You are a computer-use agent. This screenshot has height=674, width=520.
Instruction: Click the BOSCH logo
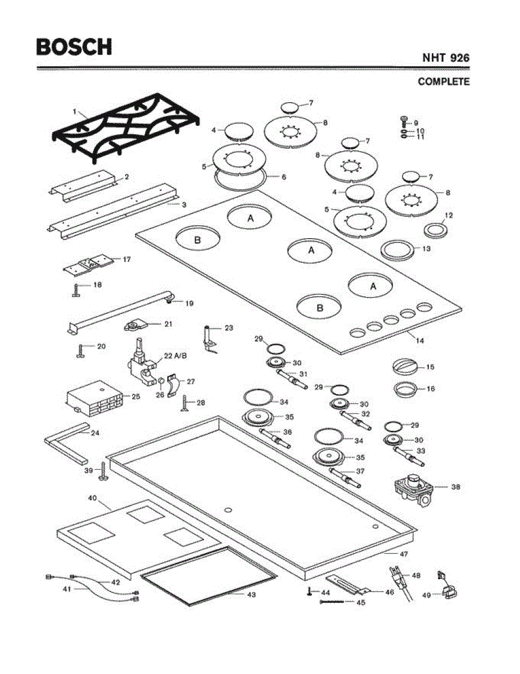coord(74,47)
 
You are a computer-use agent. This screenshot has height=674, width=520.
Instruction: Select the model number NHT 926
coord(446,58)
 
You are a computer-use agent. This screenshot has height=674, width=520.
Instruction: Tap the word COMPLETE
coord(444,82)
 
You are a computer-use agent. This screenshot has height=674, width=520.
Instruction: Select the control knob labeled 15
coord(405,367)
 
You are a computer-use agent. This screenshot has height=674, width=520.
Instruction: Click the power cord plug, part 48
coord(396,579)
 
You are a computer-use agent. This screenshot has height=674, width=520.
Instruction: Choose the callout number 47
coord(403,554)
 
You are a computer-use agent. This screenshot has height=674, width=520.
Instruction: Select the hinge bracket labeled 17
coord(89,264)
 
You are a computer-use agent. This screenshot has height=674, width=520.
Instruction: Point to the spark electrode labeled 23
coord(209,339)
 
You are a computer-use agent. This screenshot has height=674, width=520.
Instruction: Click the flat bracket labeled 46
coord(348,585)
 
